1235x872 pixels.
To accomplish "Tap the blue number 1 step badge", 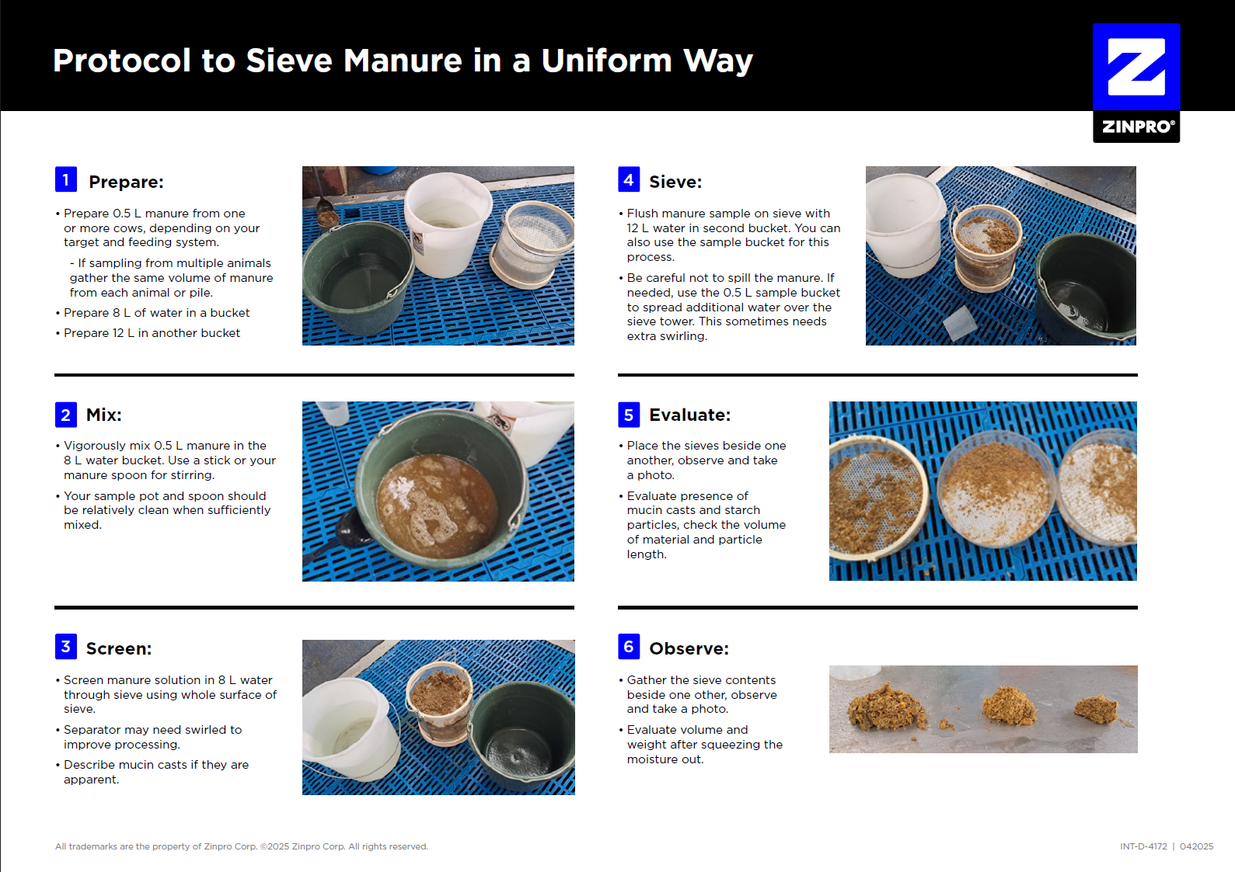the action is click(65, 179).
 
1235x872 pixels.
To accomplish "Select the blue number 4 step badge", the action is click(629, 179).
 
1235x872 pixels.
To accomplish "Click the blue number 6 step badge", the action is click(629, 646).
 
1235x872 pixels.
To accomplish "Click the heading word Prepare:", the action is click(126, 182).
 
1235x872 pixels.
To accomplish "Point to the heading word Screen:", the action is click(119, 648).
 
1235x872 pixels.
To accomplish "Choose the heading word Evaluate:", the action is click(689, 415).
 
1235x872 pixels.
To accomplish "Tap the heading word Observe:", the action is click(689, 648).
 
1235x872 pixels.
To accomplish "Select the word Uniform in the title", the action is click(606, 60).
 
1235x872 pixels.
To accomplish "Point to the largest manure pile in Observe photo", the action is click(886, 707).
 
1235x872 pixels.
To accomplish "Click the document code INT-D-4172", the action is click(1143, 846).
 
